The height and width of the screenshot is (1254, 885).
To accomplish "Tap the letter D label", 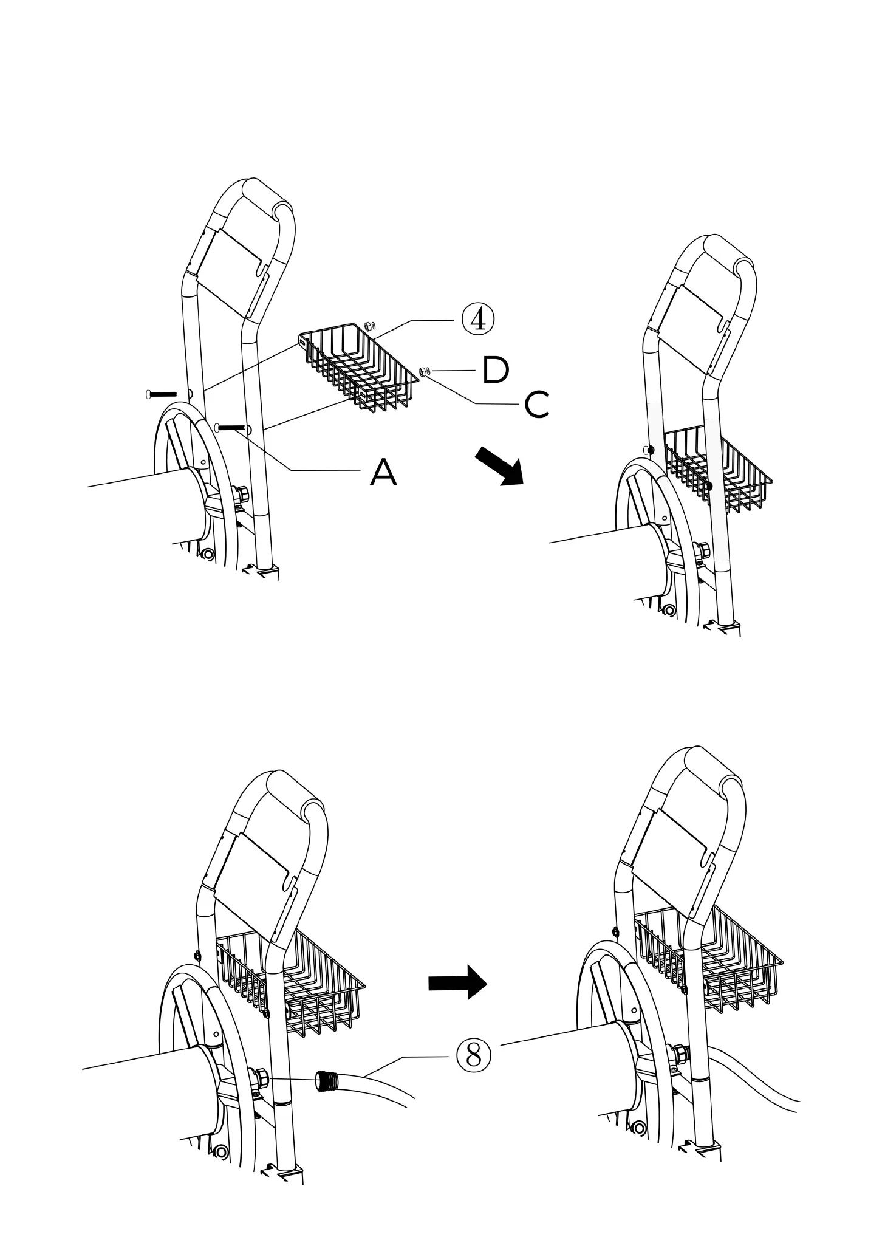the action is pyautogui.click(x=495, y=371).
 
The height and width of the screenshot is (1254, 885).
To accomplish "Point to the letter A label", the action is pyautogui.click(x=383, y=472).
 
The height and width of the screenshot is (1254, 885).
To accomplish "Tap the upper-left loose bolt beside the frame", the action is pyautogui.click(x=161, y=394).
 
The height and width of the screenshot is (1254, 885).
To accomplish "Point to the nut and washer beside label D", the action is pyautogui.click(x=424, y=371).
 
